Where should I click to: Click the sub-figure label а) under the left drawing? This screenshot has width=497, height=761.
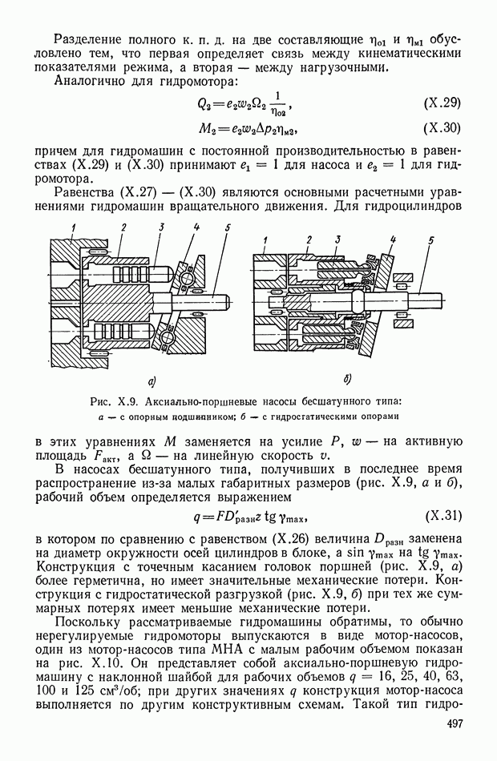(x=150, y=380)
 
